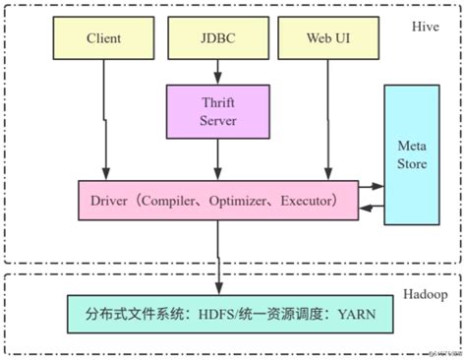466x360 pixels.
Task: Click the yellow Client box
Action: pyautogui.click(x=103, y=40)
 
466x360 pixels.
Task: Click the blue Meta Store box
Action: pyautogui.click(x=412, y=155)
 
